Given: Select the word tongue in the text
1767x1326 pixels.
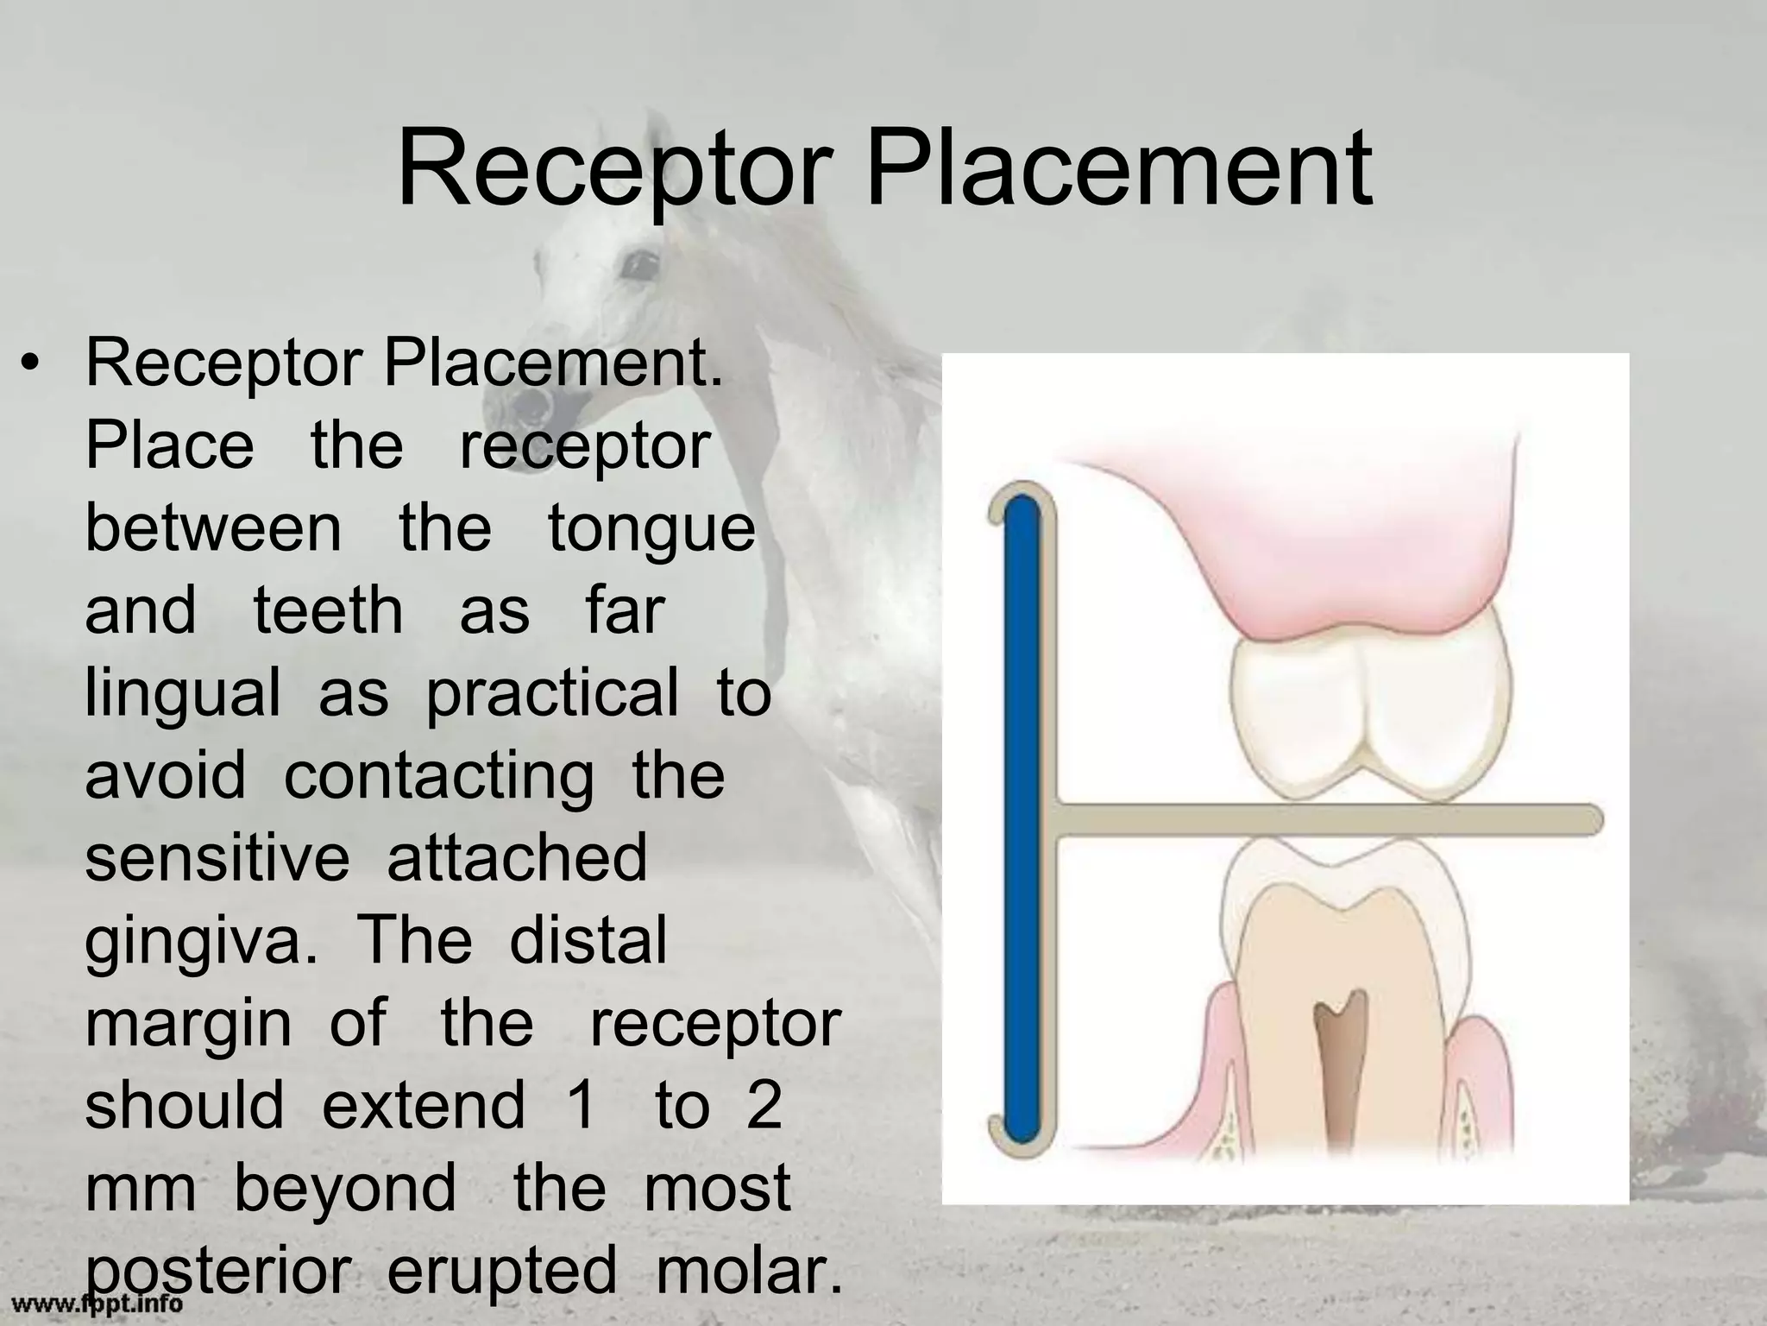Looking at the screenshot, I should (651, 528).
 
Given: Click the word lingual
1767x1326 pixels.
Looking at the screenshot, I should (183, 694).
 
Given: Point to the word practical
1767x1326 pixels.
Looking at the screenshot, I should (552, 694).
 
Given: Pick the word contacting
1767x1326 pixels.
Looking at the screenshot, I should (439, 775).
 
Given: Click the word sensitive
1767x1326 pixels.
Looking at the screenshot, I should (217, 856).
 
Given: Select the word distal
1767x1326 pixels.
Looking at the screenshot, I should (588, 939).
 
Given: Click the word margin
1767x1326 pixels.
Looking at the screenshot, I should (189, 1024).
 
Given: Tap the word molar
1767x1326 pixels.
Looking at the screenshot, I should (749, 1269).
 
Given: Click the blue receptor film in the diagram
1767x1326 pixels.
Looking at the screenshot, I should (1023, 816).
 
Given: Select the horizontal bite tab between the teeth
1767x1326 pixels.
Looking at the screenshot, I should (1329, 818).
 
